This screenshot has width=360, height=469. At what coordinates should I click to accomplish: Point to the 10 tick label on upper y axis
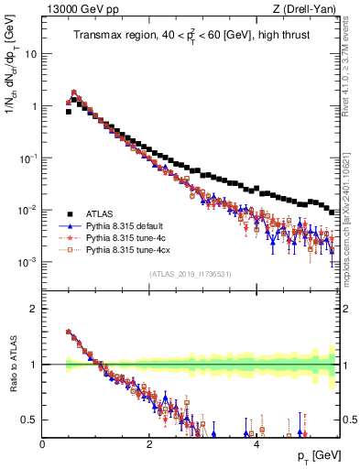click(30, 53)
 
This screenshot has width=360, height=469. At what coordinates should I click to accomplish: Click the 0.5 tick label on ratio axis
click(28, 420)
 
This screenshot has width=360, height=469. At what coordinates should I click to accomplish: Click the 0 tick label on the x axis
click(42, 443)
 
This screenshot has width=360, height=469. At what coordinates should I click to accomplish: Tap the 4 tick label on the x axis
click(256, 443)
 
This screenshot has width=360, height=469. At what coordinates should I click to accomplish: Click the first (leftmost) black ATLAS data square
click(69, 112)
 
